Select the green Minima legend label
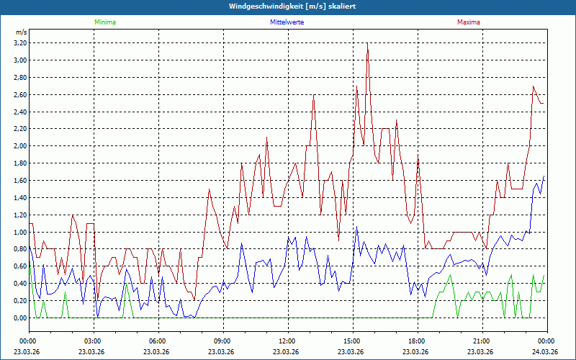coord(104,22)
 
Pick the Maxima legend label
coord(469,22)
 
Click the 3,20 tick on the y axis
coord(19,42)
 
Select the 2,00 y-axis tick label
coord(19,146)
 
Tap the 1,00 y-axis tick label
coord(19,232)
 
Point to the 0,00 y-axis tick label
coord(19,318)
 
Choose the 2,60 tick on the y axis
coord(19,94)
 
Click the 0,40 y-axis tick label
coord(19,284)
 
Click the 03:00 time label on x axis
coord(93,341)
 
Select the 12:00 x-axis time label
coord(287,341)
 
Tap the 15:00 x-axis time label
coord(352,341)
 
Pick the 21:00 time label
coord(482,341)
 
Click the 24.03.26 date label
coord(546,351)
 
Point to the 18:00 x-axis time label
coord(417,341)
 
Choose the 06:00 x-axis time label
coord(158,341)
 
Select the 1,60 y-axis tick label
coord(19,181)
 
